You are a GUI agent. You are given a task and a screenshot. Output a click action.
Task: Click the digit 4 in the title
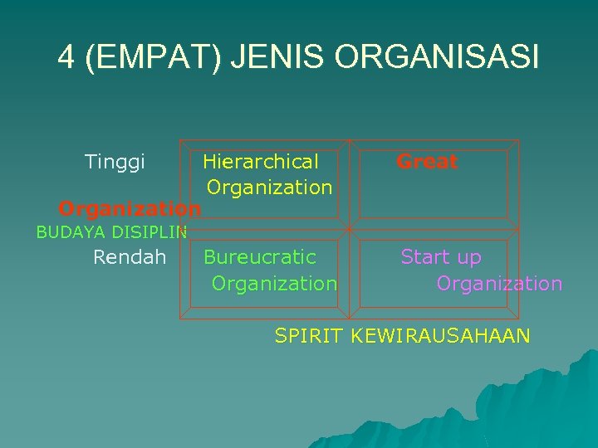tap(66, 57)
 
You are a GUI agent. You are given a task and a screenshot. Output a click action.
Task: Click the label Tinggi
tap(115, 161)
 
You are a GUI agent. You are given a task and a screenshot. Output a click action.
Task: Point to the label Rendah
tap(130, 257)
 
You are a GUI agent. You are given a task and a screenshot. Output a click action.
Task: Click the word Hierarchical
tap(261, 161)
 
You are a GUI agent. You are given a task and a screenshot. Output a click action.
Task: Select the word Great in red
tap(427, 162)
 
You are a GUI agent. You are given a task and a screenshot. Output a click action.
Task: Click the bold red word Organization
tap(130, 207)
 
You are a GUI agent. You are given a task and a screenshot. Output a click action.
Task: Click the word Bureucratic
tap(260, 257)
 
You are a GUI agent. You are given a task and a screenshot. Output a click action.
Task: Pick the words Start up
tap(441, 257)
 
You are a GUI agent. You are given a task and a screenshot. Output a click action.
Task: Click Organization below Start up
tap(499, 284)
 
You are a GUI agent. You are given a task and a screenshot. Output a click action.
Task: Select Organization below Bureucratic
tap(274, 284)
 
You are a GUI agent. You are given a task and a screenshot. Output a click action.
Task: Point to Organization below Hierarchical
tap(270, 187)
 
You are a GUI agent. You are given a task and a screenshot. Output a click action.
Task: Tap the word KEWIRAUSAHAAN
tap(440, 336)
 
